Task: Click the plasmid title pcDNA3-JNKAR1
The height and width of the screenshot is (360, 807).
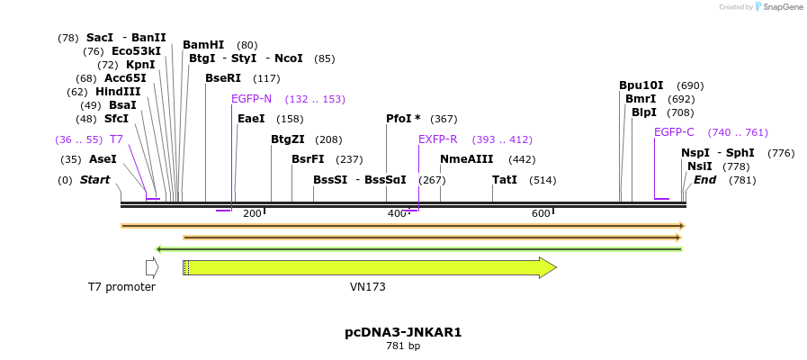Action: tap(403, 332)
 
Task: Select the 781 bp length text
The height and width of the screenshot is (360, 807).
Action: tap(403, 346)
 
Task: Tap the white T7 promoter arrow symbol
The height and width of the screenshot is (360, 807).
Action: tap(152, 267)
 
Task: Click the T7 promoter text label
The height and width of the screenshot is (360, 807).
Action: tap(121, 287)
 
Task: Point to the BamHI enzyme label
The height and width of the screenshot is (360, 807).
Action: tap(203, 45)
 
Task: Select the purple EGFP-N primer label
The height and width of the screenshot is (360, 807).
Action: tap(251, 99)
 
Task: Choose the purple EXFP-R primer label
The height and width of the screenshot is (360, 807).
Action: tap(438, 139)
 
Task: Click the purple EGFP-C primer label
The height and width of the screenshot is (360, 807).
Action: tap(674, 132)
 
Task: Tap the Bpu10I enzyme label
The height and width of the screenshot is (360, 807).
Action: tap(641, 85)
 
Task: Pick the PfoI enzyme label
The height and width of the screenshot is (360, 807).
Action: tap(403, 119)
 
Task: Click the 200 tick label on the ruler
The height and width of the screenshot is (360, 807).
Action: tap(252, 213)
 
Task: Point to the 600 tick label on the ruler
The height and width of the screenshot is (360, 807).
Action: tap(541, 213)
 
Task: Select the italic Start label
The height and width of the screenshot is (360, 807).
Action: tap(94, 180)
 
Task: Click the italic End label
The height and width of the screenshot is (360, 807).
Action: tap(705, 180)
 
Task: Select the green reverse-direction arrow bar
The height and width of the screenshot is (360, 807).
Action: tap(418, 249)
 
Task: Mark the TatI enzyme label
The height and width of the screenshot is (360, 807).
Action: tap(505, 180)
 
